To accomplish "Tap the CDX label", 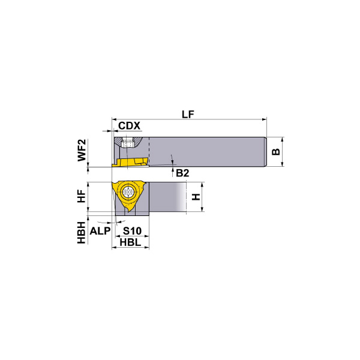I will [129, 126].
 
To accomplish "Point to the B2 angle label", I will [182, 173].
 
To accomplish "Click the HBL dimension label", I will [130, 242].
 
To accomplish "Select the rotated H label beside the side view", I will [195, 197].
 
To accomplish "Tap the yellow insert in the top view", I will [131, 162].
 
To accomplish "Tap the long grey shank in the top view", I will [204, 151].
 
